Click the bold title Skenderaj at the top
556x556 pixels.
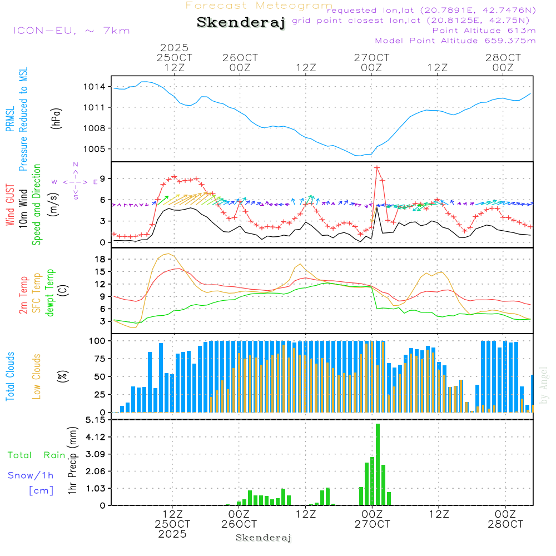pyautogui.click(x=241, y=22)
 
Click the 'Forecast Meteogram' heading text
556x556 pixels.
pyautogui.click(x=259, y=6)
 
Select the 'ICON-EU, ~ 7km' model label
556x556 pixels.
pyautogui.click(x=71, y=31)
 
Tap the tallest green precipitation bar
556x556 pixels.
pyautogui.click(x=378, y=464)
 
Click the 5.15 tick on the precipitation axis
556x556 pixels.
pyautogui.click(x=95, y=420)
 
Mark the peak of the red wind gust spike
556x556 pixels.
pyautogui.click(x=377, y=167)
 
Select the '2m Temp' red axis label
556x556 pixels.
pyautogui.click(x=23, y=293)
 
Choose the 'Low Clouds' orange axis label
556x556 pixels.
pyautogui.click(x=37, y=376)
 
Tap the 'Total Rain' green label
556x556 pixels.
pyautogui.click(x=37, y=455)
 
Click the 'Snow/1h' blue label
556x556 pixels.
pyautogui.click(x=31, y=475)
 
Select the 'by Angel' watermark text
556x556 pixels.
pyautogui.click(x=544, y=385)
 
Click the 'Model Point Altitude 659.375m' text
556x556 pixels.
pyautogui.click(x=455, y=41)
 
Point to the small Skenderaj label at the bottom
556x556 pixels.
pyautogui.click(x=264, y=538)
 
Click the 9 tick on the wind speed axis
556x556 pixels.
pyautogui.click(x=103, y=178)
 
